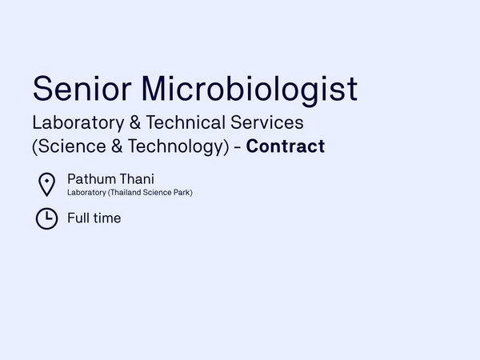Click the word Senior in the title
click(82, 89)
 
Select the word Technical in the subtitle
click(186, 122)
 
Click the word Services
click(267, 122)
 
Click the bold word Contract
click(286, 146)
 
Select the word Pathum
click(91, 179)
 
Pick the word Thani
click(137, 179)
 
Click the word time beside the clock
click(107, 218)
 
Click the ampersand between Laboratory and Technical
click(135, 122)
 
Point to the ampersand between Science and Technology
click(117, 146)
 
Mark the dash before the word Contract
click(238, 147)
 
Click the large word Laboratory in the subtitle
click(78, 123)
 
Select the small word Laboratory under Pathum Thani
click(86, 193)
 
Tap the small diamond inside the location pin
click(47, 181)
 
